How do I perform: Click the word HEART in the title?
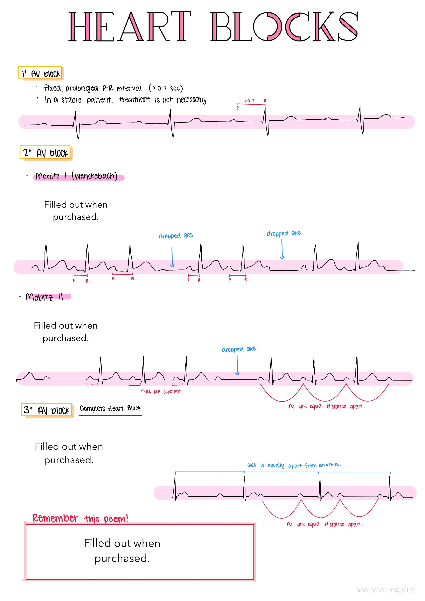click(x=130, y=26)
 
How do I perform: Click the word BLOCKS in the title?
click(x=284, y=26)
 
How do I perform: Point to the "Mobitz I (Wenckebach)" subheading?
click(x=77, y=176)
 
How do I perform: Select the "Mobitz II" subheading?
click(x=44, y=297)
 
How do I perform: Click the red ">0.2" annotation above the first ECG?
click(x=249, y=101)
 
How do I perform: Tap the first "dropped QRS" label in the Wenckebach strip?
click(x=176, y=236)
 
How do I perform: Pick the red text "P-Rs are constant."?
click(x=162, y=392)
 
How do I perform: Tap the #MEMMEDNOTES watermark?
click(x=386, y=590)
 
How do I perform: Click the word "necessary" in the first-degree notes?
click(x=191, y=100)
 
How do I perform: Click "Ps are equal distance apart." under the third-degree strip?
click(x=325, y=524)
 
